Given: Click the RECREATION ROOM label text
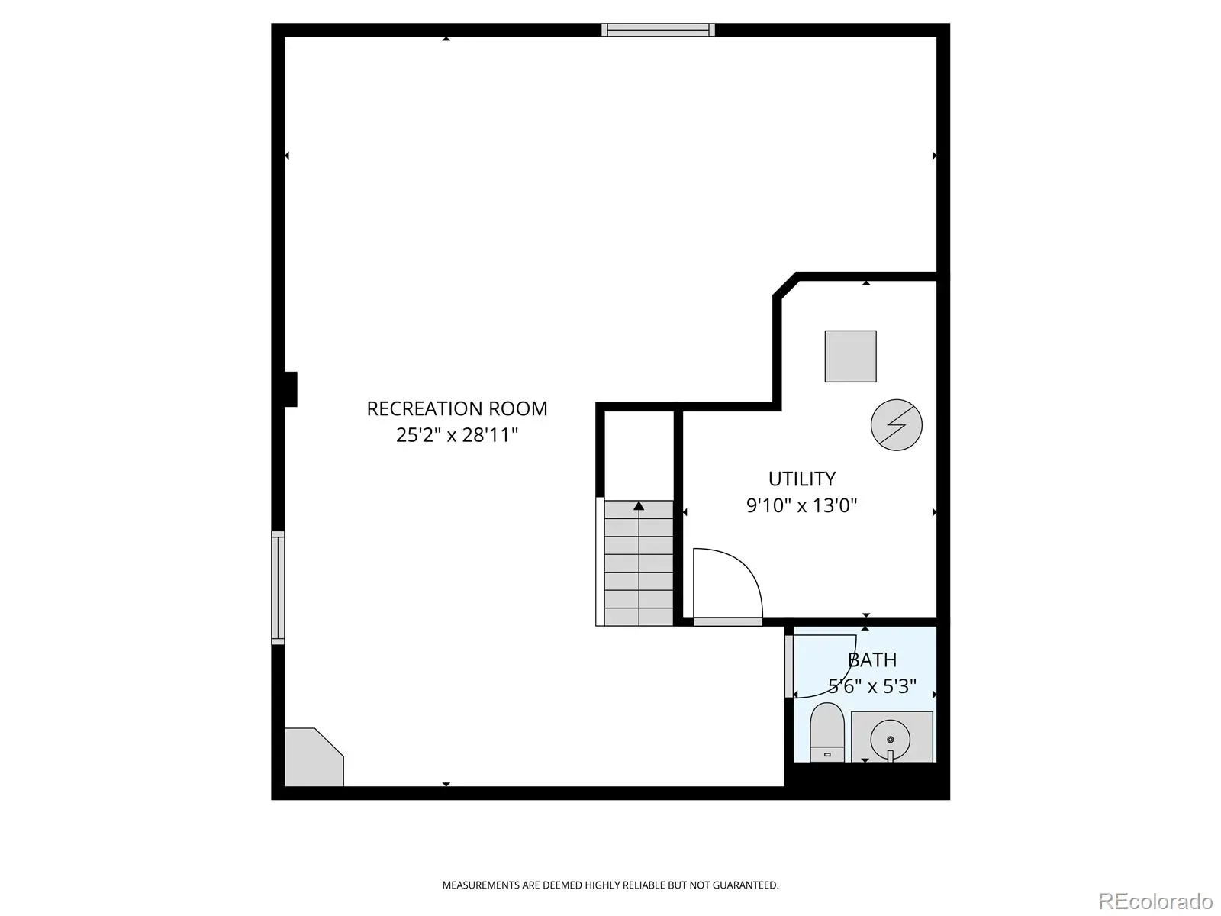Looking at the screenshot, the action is coord(456,409).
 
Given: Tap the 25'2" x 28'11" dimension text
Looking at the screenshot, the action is coord(456,435).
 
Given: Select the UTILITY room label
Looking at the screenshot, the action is coord(801,479).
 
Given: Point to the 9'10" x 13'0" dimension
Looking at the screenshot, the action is coord(801,505).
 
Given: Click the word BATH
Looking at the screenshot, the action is coord(872,660).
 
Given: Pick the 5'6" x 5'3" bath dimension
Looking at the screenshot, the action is coord(872,686).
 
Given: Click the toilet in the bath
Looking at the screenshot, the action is coord(827,733).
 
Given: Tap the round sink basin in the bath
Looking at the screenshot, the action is coord(890,740).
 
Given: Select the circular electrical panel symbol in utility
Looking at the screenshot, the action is coord(896,425).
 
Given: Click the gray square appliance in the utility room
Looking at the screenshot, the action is coord(851,356).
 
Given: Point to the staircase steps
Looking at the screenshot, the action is coord(639,563).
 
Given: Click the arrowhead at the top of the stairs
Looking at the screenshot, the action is coord(639,505).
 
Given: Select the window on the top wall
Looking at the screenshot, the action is coord(658,30).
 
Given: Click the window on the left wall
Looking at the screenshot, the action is coord(278,588).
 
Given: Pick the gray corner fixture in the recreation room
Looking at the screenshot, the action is coord(314,757).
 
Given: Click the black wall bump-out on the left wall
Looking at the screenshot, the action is coord(291,389).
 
